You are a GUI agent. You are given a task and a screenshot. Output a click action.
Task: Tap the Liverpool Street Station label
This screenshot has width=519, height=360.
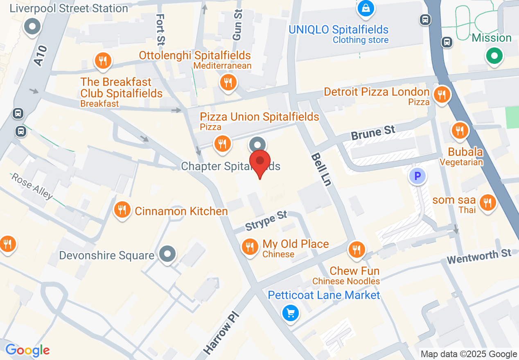point(69,8)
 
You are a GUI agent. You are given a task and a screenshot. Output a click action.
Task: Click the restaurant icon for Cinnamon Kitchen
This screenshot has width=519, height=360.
point(122,210)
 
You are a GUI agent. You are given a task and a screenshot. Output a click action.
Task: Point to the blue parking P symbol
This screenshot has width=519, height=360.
point(417,176)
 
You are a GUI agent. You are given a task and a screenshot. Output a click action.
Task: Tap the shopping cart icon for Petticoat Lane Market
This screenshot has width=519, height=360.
point(291,314)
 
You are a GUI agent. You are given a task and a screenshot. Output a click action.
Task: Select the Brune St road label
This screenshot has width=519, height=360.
point(373,133)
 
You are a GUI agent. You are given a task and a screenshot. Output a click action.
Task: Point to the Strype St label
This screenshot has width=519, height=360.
point(266,220)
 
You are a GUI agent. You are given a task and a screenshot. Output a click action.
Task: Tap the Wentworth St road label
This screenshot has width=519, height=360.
point(479,256)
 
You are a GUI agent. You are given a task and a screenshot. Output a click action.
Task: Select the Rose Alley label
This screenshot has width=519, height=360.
point(32,186)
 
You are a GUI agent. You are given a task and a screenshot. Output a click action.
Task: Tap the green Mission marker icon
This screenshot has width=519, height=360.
point(494,56)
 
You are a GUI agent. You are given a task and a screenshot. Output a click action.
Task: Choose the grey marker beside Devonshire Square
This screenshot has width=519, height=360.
point(167,254)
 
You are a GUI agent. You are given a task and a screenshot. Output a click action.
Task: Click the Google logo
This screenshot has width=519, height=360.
point(27,350)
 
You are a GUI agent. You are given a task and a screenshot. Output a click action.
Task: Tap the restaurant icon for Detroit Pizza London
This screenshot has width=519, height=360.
point(441,95)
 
